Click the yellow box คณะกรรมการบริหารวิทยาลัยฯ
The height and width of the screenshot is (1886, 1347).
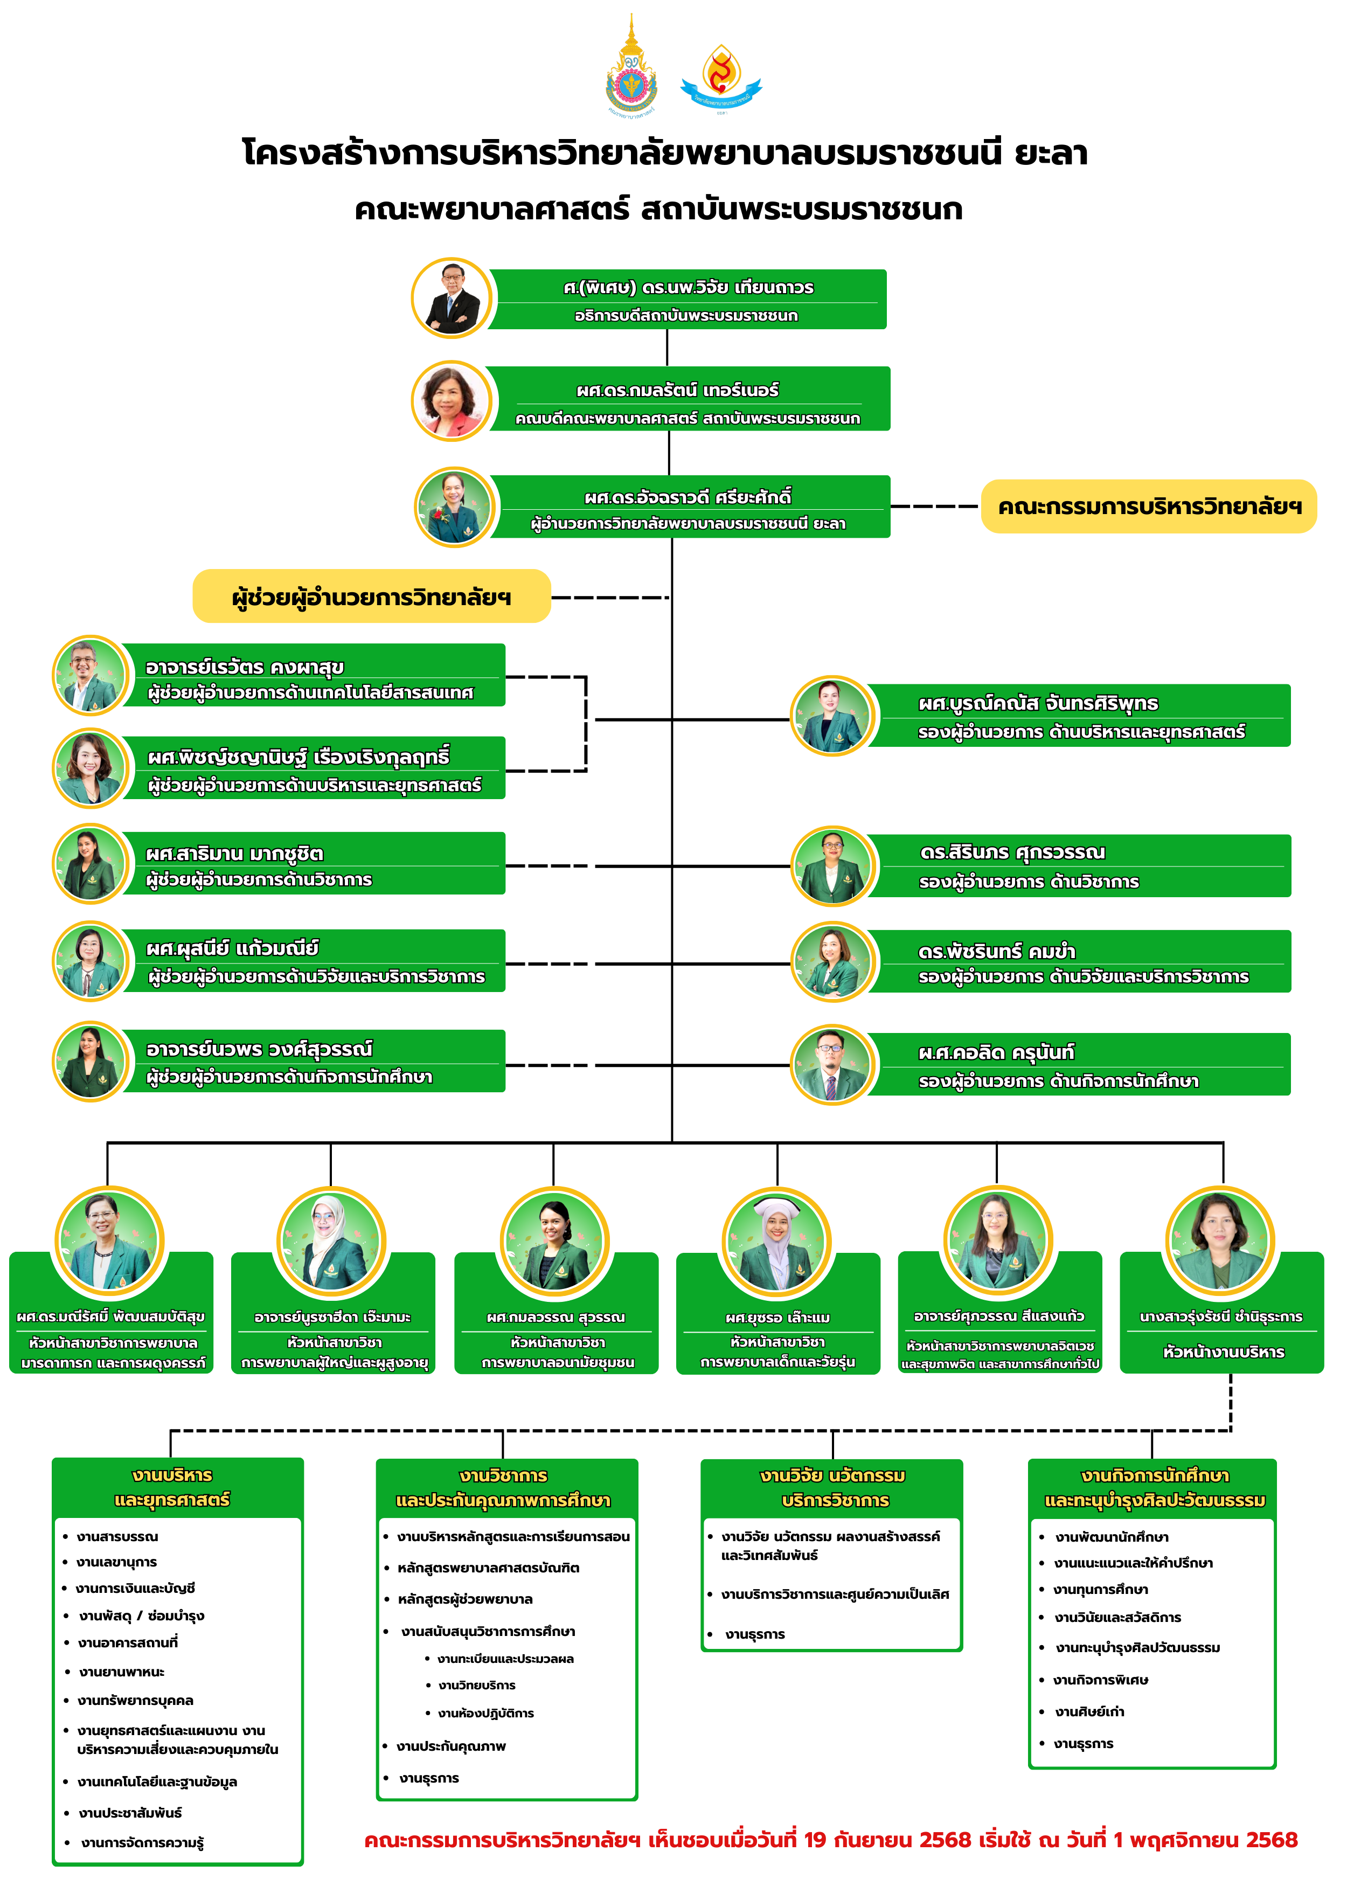point(1149,506)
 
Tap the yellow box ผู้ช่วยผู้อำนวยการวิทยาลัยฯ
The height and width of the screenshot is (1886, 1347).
point(372,597)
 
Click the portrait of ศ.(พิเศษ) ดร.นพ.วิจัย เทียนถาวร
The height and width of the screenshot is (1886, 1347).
point(452,298)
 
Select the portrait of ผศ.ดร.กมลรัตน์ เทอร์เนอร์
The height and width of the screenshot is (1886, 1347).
point(452,400)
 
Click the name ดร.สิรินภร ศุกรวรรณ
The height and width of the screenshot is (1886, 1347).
point(1012,852)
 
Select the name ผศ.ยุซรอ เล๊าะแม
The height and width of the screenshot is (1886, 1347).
point(777,1317)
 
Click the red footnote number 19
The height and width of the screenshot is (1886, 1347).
point(815,1840)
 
